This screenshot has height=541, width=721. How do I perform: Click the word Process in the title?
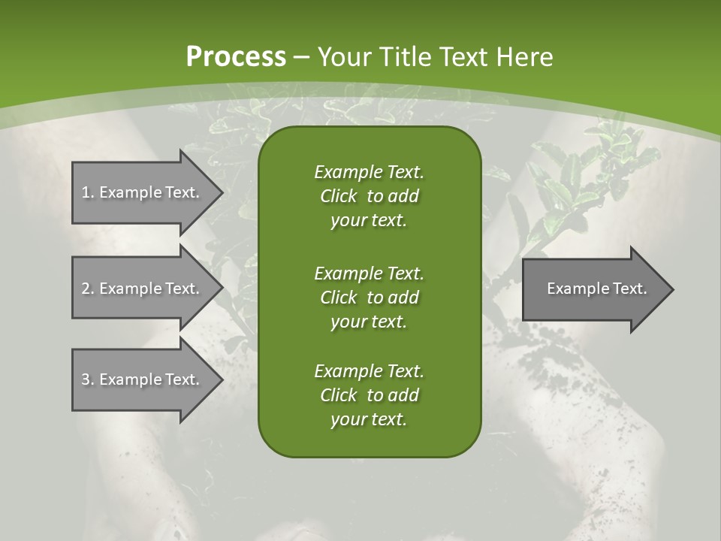[236, 57]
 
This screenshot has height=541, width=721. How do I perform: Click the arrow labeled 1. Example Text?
[143, 192]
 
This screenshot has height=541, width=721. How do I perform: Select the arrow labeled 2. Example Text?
[143, 289]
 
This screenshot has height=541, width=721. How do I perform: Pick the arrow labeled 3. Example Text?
[143, 379]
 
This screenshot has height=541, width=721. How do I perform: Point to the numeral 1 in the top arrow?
[86, 192]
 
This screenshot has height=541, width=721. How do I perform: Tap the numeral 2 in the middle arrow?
[86, 289]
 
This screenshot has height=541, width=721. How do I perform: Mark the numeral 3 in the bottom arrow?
[86, 379]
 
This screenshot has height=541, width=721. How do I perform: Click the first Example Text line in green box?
[369, 172]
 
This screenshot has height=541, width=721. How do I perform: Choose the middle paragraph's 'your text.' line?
[369, 322]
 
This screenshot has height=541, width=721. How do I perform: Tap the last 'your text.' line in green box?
[369, 419]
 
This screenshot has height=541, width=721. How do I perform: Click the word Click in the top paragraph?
[339, 196]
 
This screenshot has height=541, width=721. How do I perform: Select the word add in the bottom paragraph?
[403, 395]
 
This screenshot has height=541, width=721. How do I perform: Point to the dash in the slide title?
[302, 57]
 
